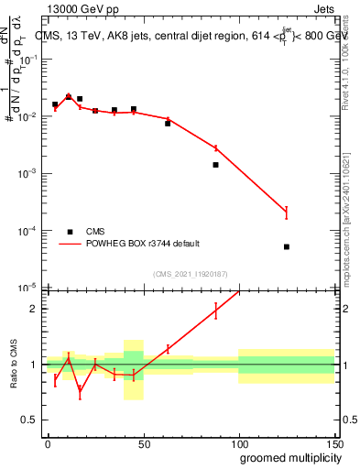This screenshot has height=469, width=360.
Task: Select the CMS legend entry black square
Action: (x=69, y=232)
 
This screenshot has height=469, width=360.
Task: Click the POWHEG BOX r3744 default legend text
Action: (x=143, y=244)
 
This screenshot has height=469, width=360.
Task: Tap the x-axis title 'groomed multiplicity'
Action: (x=287, y=457)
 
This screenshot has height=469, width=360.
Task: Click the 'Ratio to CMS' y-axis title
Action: (x=14, y=365)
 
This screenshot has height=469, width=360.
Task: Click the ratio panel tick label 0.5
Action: (x=30, y=420)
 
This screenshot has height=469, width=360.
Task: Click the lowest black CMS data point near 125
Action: (x=287, y=246)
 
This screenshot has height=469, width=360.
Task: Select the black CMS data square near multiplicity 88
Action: (x=216, y=165)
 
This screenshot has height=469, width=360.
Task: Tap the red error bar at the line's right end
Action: (x=287, y=213)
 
